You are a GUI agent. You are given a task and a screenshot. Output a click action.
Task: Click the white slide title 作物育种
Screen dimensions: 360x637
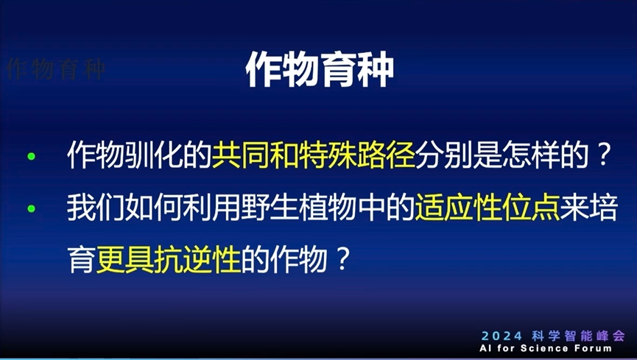pyautogui.click(x=319, y=71)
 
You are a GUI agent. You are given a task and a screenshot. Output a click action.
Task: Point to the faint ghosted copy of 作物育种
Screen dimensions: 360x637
pyautogui.click(x=55, y=69)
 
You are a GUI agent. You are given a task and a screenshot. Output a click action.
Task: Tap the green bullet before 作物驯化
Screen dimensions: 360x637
pyautogui.click(x=30, y=158)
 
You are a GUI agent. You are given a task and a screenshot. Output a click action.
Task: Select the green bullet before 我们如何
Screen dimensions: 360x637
pyautogui.click(x=30, y=209)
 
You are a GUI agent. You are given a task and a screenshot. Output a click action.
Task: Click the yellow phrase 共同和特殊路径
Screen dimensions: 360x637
pyautogui.click(x=314, y=157)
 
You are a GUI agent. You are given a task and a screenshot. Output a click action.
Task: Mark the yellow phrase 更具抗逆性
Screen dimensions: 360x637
pyautogui.click(x=169, y=261)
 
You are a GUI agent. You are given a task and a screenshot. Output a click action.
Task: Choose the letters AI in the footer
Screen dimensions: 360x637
pyautogui.click(x=486, y=348)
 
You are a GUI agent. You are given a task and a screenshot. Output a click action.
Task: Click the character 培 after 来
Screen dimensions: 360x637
pyautogui.click(x=598, y=209)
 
